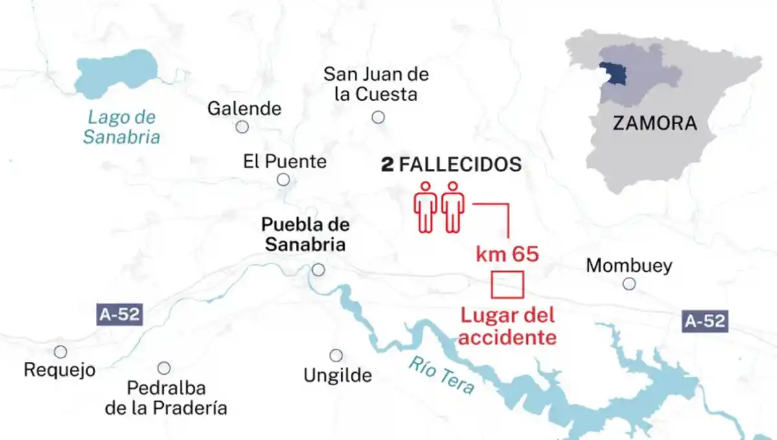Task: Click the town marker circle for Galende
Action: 242,127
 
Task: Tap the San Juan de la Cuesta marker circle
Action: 378,117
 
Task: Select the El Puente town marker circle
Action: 283,180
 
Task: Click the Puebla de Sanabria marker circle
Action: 318,270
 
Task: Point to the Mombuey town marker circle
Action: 629,283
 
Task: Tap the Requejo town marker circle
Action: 60,351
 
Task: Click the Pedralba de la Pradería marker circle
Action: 164,368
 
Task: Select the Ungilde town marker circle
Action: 336,355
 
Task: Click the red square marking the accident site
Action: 507,285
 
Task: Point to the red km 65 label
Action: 507,254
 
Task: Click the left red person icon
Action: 425,206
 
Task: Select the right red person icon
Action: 453,206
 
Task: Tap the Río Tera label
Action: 441,376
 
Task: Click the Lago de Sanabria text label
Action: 122,127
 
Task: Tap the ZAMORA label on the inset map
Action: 655,123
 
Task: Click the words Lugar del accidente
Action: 508,327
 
